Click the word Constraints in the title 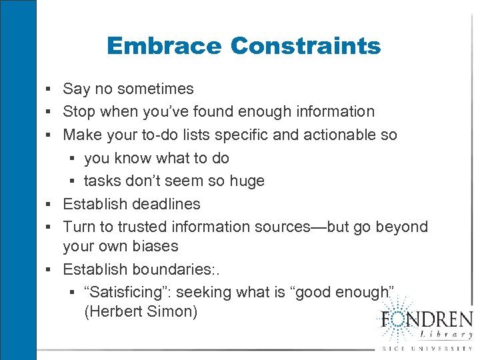tap(305, 47)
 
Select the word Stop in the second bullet tap(79, 111)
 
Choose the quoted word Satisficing tap(131, 292)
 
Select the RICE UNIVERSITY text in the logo tap(427, 349)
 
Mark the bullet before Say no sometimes tap(51, 89)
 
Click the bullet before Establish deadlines tap(51, 203)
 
